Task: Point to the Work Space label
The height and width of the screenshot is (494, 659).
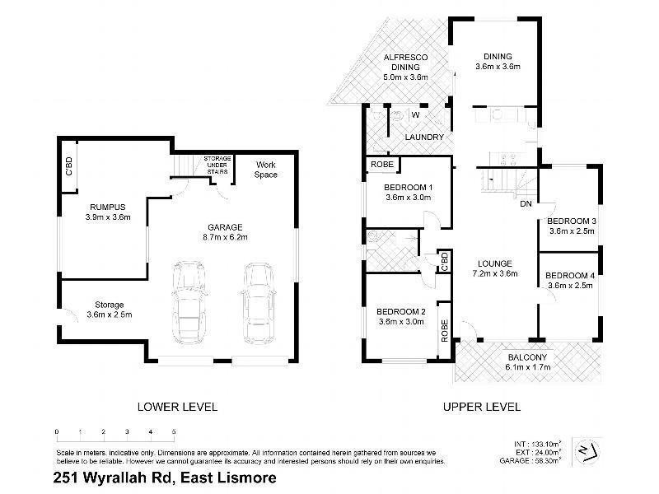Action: click(266, 169)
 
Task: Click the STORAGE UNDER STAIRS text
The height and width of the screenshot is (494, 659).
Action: click(218, 162)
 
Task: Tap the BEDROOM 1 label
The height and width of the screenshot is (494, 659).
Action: click(409, 187)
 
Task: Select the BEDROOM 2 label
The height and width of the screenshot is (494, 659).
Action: click(400, 311)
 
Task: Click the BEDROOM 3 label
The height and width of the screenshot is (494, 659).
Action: click(571, 221)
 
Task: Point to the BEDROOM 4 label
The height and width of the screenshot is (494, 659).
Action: click(569, 275)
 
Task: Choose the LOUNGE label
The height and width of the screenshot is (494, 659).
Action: click(493, 263)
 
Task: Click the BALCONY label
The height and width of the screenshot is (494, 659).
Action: click(527, 357)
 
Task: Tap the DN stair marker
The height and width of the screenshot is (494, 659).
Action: click(525, 204)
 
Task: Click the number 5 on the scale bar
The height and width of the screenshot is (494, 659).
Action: click(174, 431)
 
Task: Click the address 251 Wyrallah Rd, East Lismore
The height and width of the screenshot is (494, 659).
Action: click(164, 478)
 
